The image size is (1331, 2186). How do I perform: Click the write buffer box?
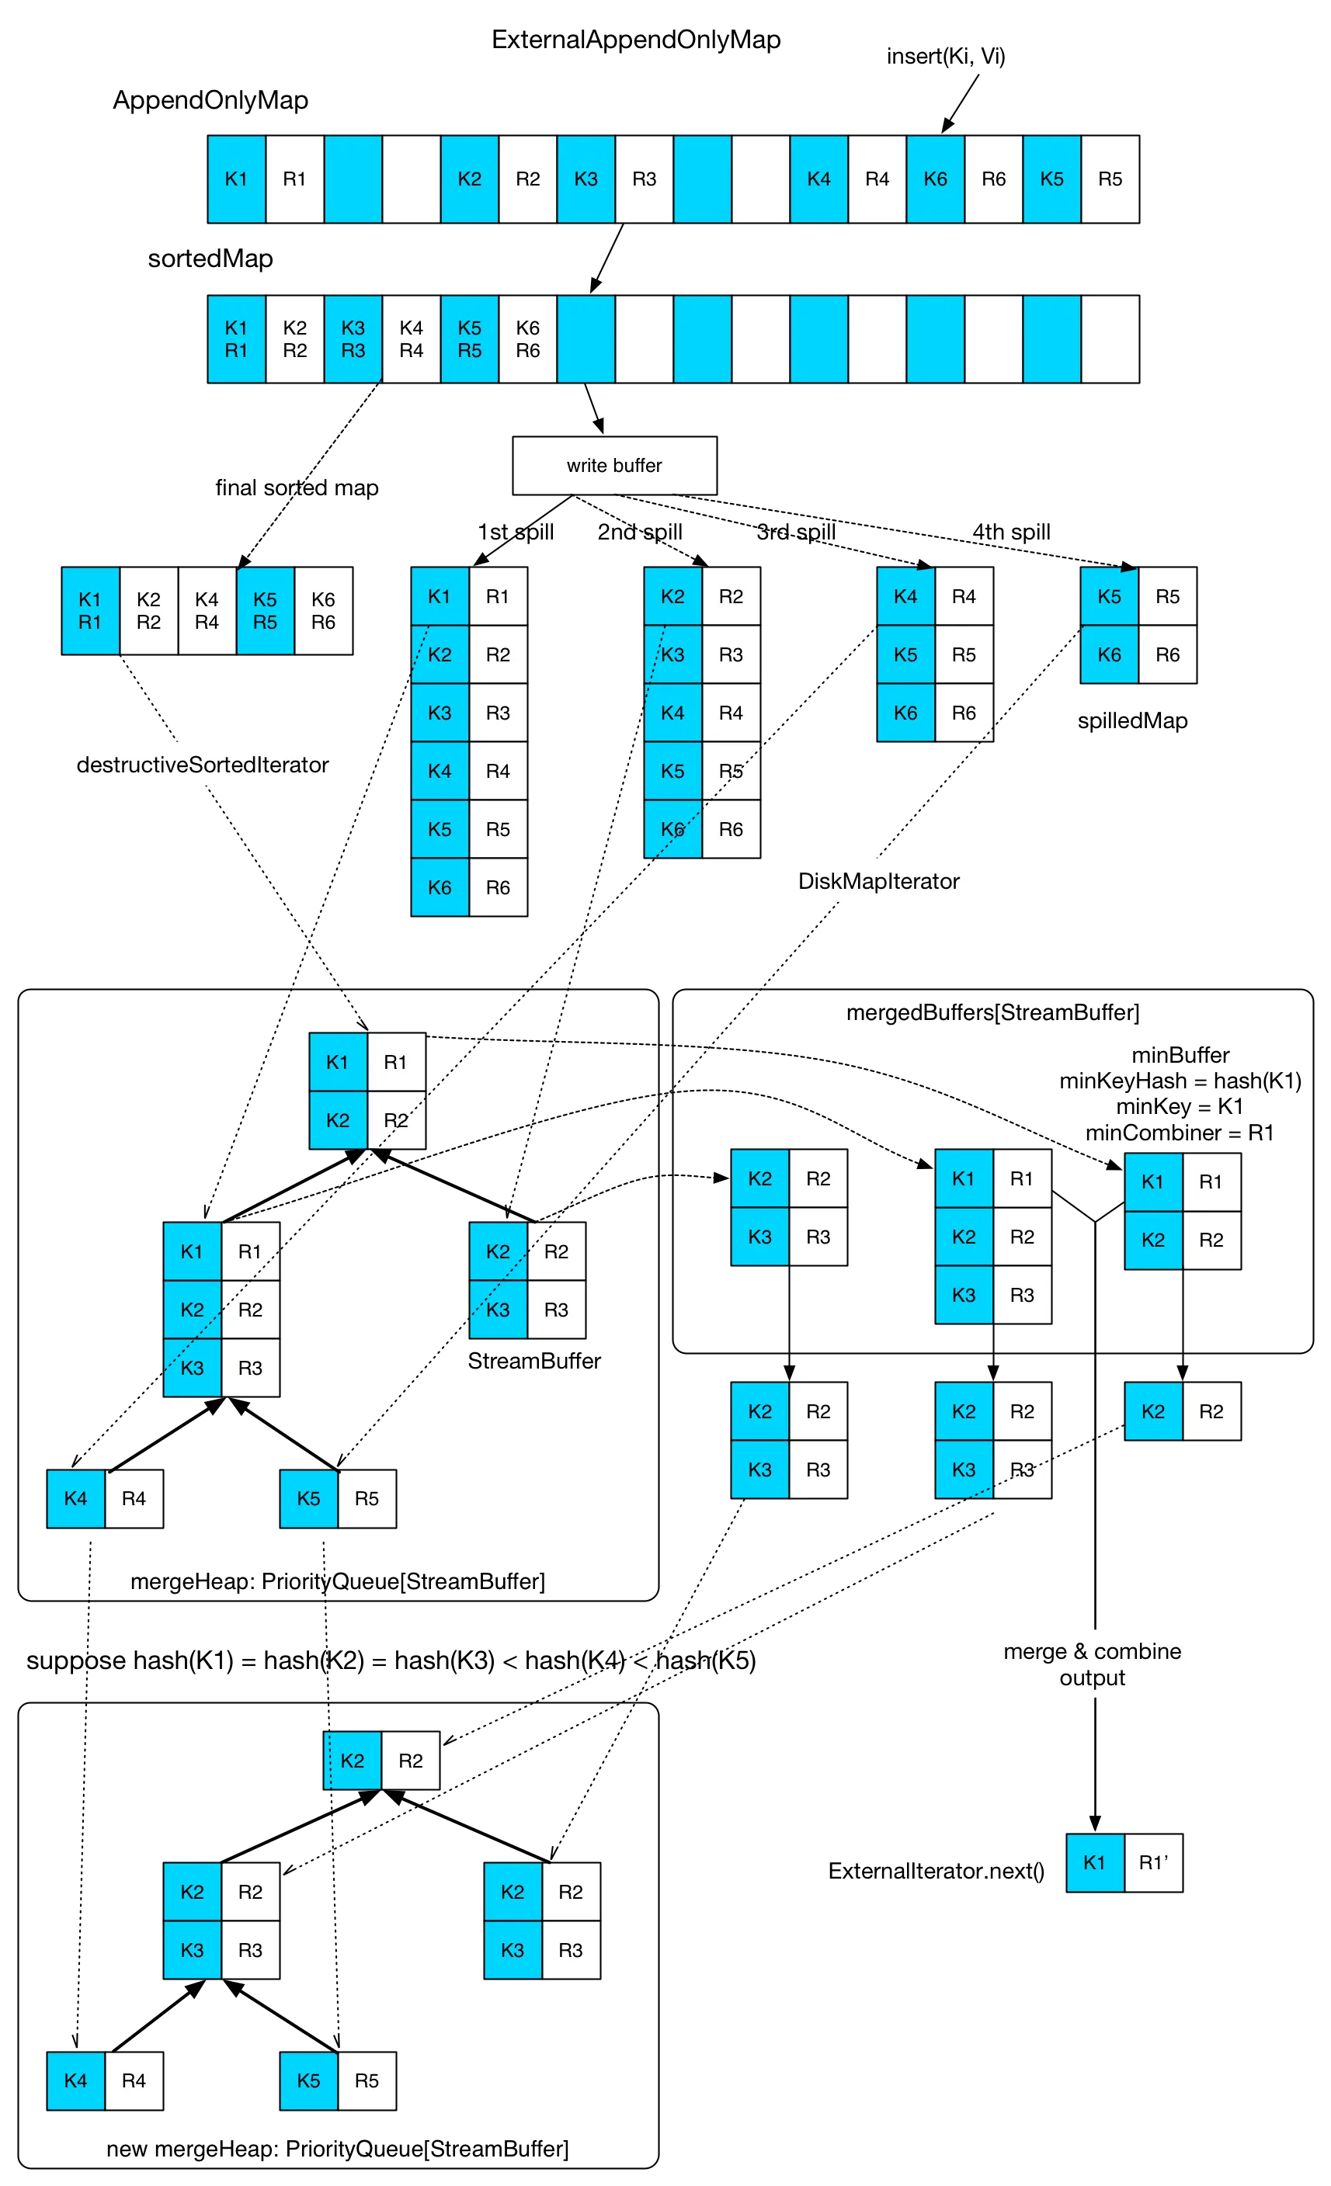point(614,466)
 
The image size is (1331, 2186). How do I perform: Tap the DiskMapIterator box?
point(878,881)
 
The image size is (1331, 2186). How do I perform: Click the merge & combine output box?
point(1093,1664)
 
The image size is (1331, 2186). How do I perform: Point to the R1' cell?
point(1152,1862)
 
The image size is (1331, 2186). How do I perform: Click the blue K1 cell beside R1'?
point(1094,1862)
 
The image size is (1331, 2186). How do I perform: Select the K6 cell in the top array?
point(935,179)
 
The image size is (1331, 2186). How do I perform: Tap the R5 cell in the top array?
point(1110,179)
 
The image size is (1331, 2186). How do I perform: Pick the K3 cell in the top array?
point(586,179)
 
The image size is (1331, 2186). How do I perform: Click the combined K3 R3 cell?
point(353,339)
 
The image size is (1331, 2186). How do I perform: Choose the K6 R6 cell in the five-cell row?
point(323,610)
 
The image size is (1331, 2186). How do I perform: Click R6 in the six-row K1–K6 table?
point(498,887)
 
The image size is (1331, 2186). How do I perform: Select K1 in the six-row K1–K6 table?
point(440,596)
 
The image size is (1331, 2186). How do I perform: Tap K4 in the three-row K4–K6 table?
point(905,596)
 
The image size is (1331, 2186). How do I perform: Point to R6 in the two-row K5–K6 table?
point(1168,654)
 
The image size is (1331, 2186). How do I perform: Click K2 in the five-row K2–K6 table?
point(672,596)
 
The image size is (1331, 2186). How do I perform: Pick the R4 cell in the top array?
point(877,179)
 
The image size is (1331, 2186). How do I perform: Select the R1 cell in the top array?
point(294,179)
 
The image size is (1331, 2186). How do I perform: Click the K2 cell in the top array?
point(469,179)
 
